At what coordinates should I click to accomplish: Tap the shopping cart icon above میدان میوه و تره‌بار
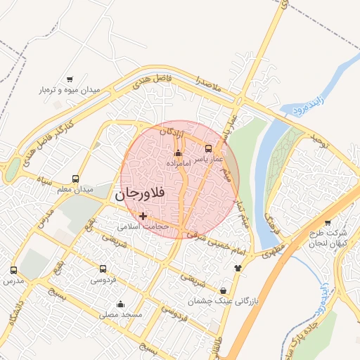(70, 79)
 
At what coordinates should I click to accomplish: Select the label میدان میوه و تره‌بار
(70, 91)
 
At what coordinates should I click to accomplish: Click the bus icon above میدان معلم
(75, 178)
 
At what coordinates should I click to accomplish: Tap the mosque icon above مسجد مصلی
(121, 304)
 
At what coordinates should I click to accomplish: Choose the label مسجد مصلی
(121, 315)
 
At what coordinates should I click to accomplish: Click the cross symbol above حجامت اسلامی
(144, 216)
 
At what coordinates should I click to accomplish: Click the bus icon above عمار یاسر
(208, 148)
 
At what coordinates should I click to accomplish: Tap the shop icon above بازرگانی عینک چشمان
(224, 290)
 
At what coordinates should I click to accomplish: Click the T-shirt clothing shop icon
(238, 268)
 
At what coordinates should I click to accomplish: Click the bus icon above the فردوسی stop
(103, 269)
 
